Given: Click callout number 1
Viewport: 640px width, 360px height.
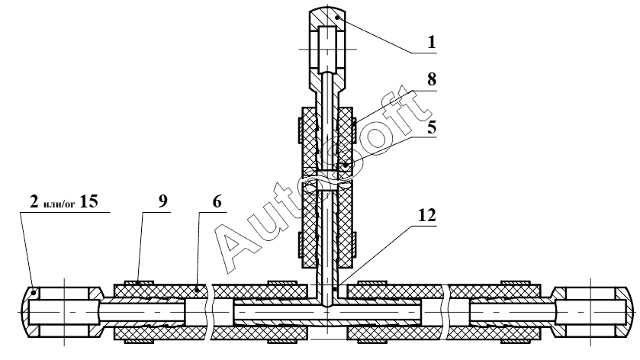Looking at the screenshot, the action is point(432,42).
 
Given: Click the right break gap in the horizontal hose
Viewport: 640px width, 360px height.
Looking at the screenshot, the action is point(444,313).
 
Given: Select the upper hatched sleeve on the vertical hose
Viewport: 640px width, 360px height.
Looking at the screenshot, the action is point(326,137).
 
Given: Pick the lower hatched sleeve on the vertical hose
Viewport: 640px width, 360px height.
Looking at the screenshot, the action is point(326,225).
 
